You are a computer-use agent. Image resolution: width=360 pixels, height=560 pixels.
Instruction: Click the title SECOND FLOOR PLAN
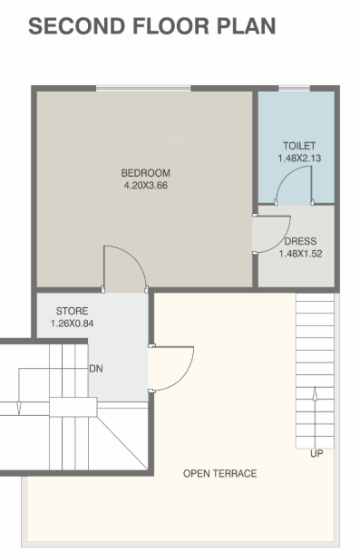151,26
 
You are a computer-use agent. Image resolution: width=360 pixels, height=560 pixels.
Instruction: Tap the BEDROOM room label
145,173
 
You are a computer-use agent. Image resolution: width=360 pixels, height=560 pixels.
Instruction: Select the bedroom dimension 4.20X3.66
145,186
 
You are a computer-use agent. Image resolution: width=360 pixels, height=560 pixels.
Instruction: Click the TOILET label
297,146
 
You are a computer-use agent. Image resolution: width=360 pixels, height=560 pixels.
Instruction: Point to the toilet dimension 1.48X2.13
297,159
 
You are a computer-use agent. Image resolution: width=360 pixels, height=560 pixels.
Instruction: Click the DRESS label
300,242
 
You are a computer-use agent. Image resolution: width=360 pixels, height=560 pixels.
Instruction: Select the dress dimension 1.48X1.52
300,255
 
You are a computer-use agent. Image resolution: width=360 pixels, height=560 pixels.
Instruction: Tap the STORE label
73,311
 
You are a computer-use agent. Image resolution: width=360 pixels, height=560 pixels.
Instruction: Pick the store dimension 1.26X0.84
73,323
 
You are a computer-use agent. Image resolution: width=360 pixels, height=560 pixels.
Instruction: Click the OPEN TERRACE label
219,474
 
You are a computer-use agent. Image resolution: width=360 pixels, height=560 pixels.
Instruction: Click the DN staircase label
96,370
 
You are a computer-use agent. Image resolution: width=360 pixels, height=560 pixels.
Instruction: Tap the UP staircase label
316,454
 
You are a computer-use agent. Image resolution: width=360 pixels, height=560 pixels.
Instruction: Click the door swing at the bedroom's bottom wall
125,268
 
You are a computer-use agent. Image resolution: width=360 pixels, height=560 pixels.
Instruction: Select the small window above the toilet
293,88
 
